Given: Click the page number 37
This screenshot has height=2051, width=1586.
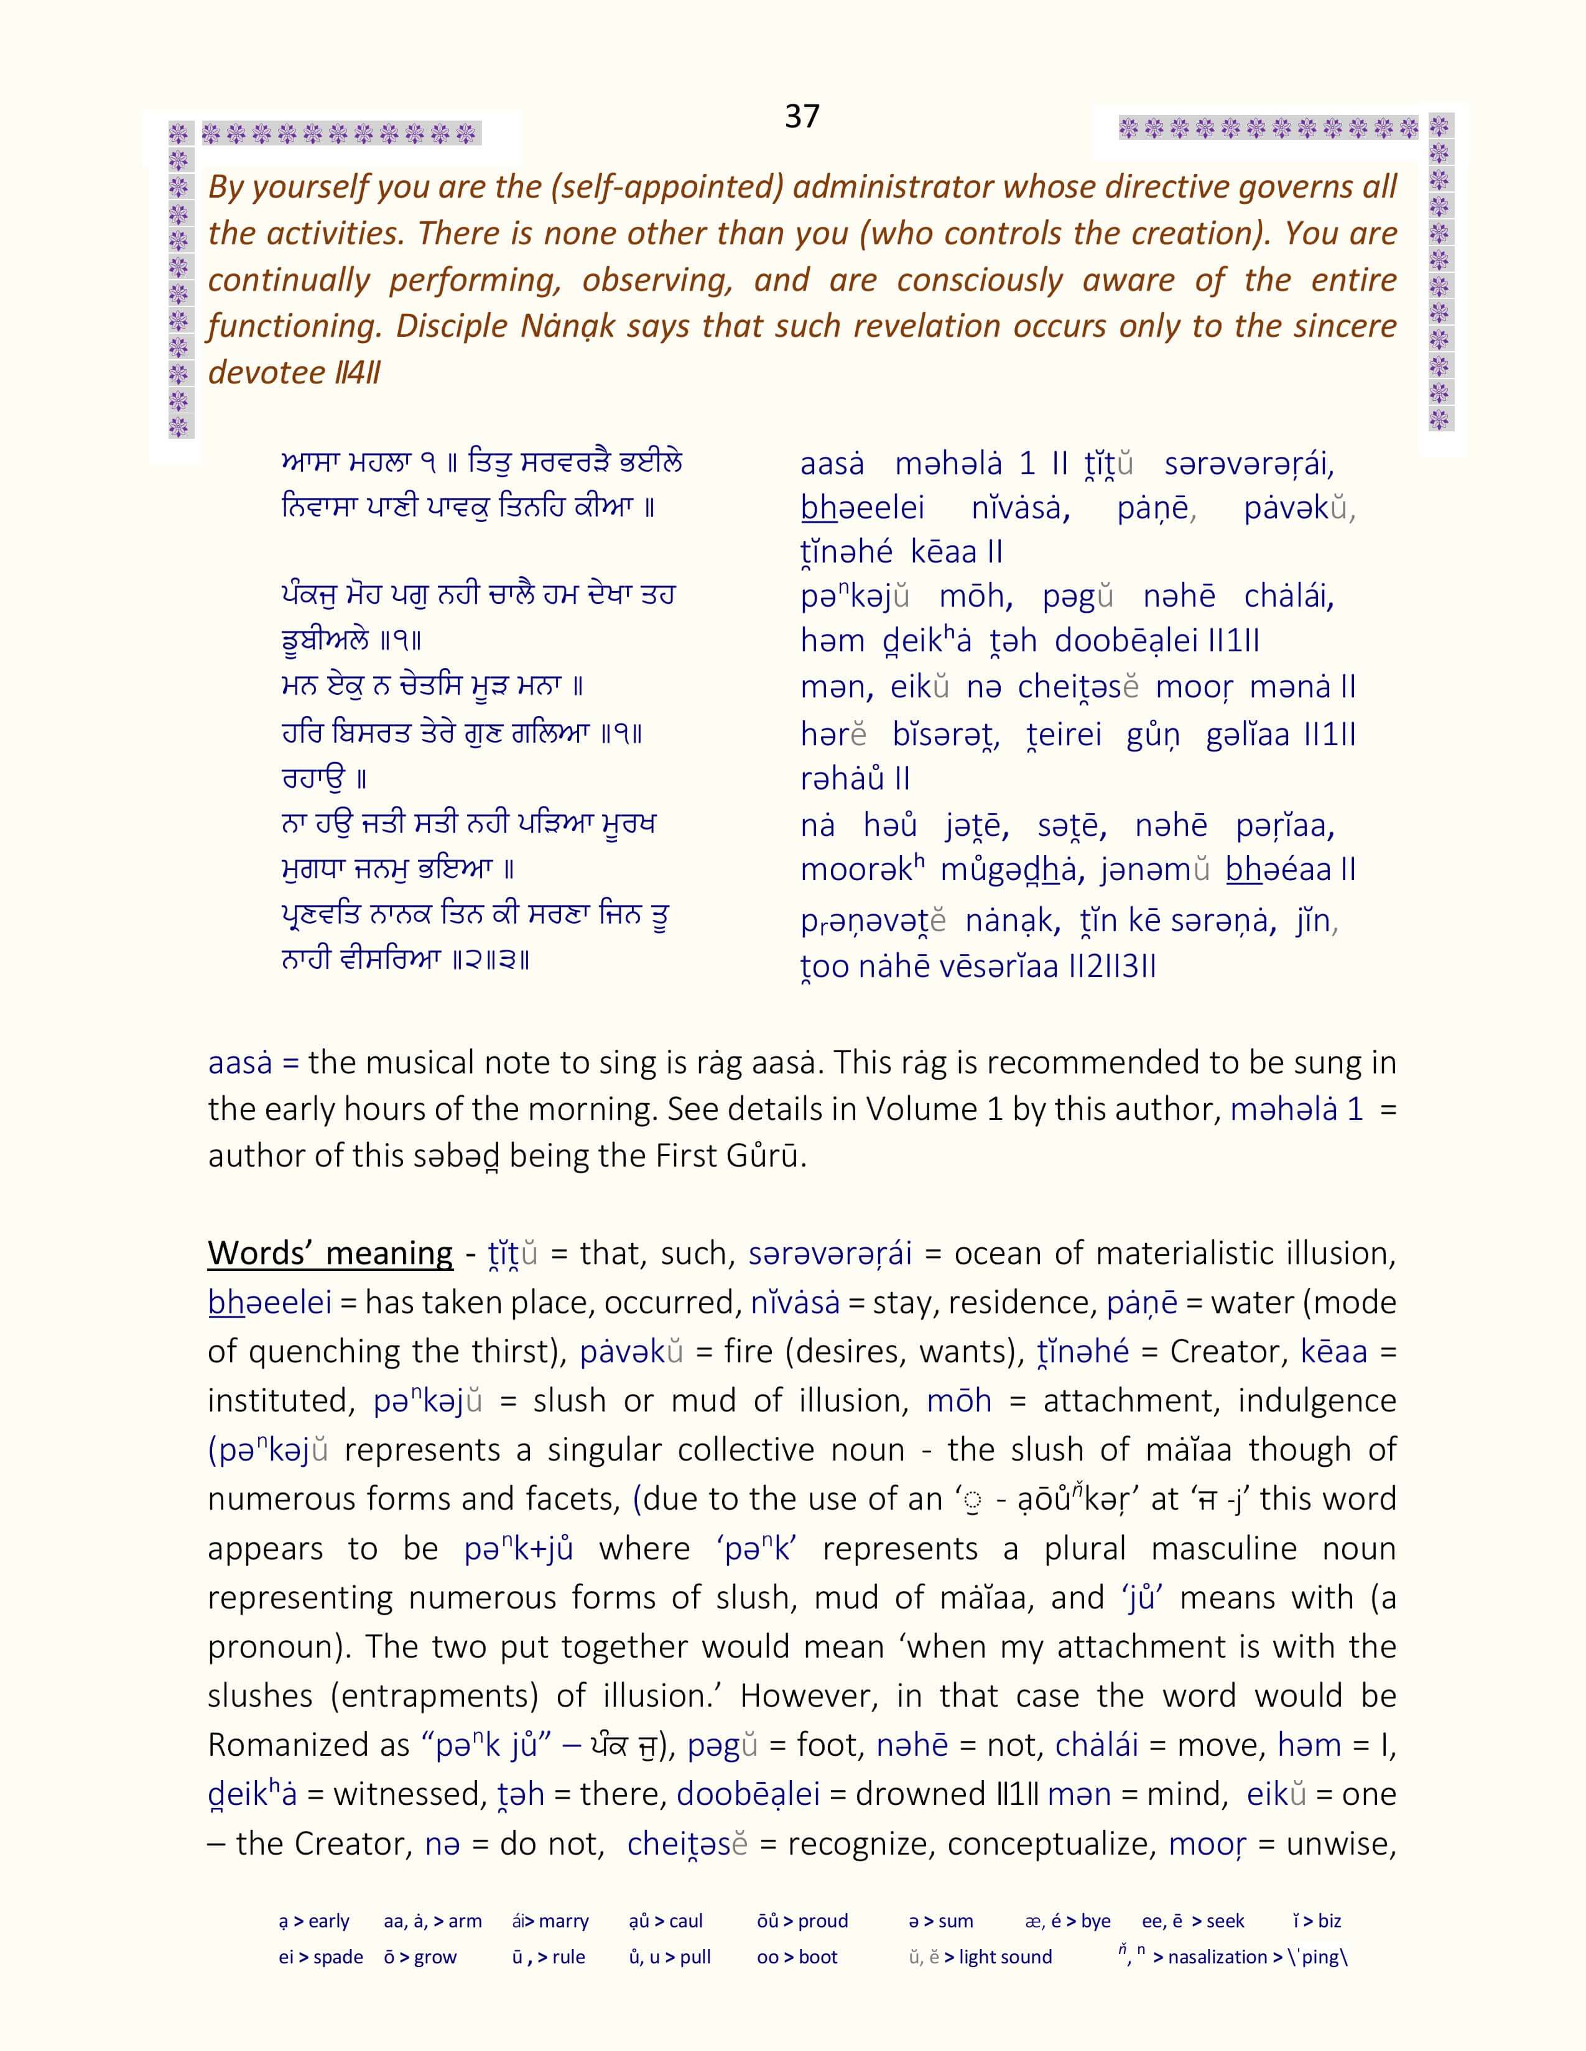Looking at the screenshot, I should click(x=802, y=116).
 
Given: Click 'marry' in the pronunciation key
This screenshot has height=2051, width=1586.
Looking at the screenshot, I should click(x=563, y=1920).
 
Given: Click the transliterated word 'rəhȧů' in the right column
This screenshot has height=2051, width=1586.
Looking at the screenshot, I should click(x=841, y=779).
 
